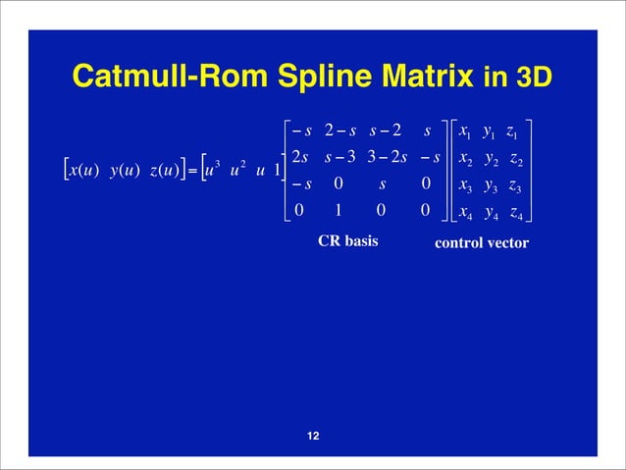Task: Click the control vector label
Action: coord(481,242)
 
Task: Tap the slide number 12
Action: coord(313,437)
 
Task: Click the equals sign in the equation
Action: coord(193,171)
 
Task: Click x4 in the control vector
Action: coord(467,210)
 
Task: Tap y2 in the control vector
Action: coord(492,159)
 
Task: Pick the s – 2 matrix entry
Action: coord(385,131)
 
